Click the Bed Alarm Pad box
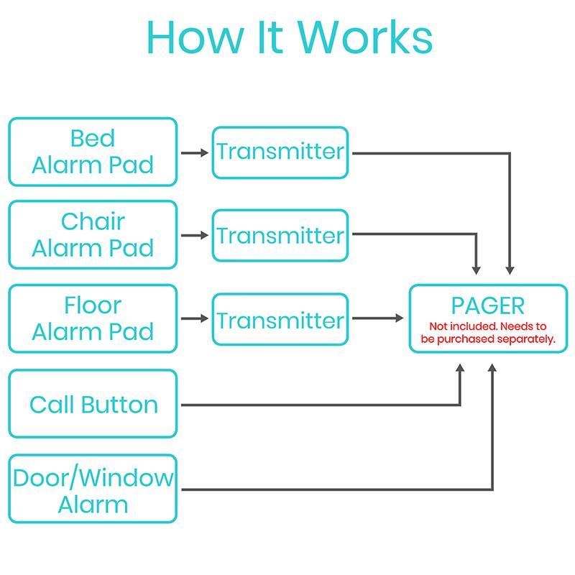93,152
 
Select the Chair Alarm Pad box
93,235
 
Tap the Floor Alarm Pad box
93,318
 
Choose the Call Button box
93,404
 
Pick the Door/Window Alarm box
93,489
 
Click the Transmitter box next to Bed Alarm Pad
280,152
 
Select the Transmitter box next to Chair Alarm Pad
280,236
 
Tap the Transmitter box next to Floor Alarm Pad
280,320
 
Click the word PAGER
488,305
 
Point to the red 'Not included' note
488,332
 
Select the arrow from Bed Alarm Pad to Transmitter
194,152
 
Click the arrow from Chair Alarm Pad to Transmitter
194,235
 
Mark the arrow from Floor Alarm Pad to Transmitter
194,318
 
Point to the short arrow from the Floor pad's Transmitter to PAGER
378,318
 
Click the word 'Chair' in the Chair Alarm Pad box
93,221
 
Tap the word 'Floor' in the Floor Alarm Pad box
93,305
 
